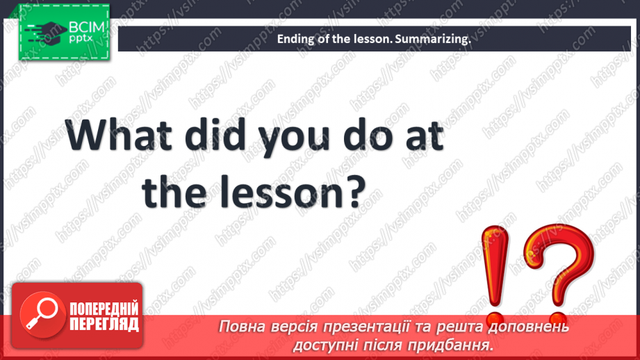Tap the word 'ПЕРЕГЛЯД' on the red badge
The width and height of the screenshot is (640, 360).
pos(104,325)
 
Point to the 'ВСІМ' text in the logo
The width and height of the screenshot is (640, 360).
pos(85,28)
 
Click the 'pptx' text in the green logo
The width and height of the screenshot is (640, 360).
pos(81,40)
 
